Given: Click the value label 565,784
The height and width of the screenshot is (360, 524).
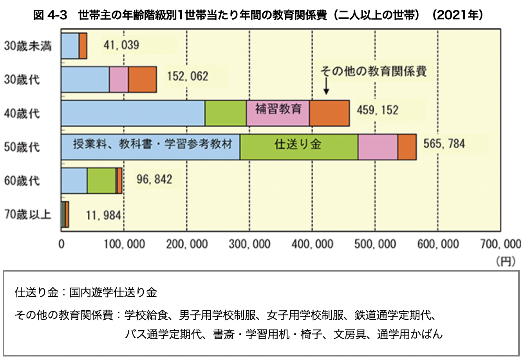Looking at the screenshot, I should pyautogui.click(x=444, y=144).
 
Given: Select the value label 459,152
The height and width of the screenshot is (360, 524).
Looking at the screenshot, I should pyautogui.click(x=377, y=110).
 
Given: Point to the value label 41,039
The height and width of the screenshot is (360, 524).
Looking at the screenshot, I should pyautogui.click(x=121, y=45).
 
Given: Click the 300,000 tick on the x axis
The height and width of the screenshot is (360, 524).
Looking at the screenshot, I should pyautogui.click(x=249, y=244).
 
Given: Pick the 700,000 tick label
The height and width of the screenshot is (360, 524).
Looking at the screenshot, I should pyautogui.click(x=501, y=244).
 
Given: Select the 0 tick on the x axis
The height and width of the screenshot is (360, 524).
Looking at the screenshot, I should pyautogui.click(x=61, y=244).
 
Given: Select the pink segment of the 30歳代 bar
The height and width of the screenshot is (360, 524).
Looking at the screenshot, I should pyautogui.click(x=119, y=79).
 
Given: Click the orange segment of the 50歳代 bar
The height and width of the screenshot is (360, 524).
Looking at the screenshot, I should pyautogui.click(x=407, y=147).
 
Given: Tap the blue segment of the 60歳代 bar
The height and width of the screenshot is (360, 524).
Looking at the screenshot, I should pyautogui.click(x=74, y=181).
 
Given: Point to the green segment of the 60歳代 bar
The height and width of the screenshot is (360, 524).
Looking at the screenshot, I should pyautogui.click(x=101, y=181).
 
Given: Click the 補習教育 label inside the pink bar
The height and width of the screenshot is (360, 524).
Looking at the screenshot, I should pyautogui.click(x=278, y=108).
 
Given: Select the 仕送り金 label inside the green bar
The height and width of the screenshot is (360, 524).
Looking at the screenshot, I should pyautogui.click(x=298, y=144).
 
